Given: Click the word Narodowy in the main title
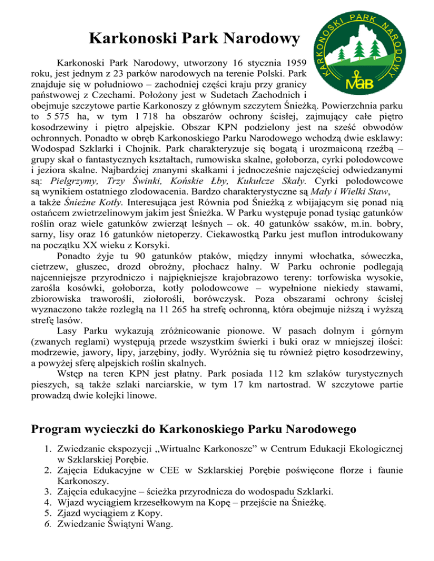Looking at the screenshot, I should [258, 41].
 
